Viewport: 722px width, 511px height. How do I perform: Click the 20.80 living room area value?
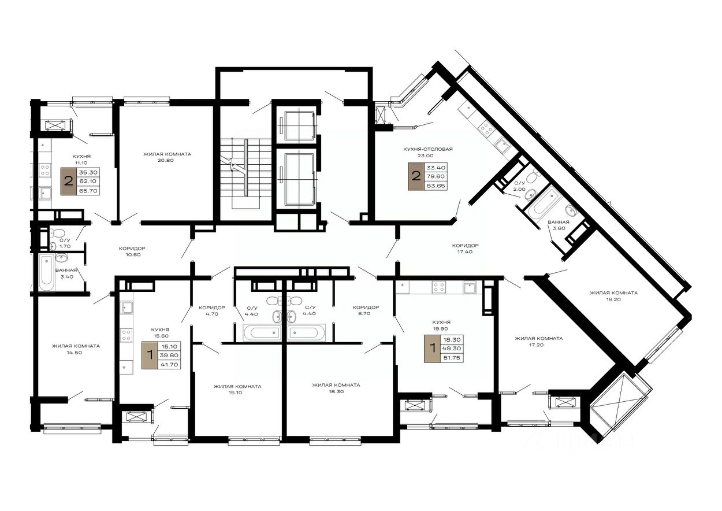pyautogui.click(x=167, y=160)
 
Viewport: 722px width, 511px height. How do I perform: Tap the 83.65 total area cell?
pyautogui.click(x=436, y=186)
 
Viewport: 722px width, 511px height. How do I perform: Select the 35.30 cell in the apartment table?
pyautogui.click(x=88, y=173)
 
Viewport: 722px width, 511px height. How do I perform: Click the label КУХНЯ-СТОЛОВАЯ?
pyautogui.click(x=428, y=149)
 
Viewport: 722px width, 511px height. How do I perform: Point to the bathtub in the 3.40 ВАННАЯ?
pyautogui.click(x=46, y=273)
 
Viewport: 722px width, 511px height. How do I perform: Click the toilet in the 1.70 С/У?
pyautogui.click(x=58, y=232)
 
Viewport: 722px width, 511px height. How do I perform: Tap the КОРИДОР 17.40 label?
pyautogui.click(x=465, y=249)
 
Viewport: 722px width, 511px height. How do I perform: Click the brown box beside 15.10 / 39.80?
pyautogui.click(x=150, y=355)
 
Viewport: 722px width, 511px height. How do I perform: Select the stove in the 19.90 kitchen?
pyautogui.click(x=439, y=287)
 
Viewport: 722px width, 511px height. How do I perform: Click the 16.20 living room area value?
pyautogui.click(x=613, y=299)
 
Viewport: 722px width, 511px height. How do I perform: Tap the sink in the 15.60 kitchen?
pyautogui.click(x=126, y=308)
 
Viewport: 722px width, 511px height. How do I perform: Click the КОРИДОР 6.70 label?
pyautogui.click(x=366, y=310)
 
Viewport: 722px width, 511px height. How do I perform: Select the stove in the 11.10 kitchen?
pyautogui.click(x=44, y=170)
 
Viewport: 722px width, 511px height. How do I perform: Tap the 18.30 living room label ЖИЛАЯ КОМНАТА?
pyautogui.click(x=336, y=385)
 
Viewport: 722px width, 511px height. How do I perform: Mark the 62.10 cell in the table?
pyautogui.click(x=88, y=182)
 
